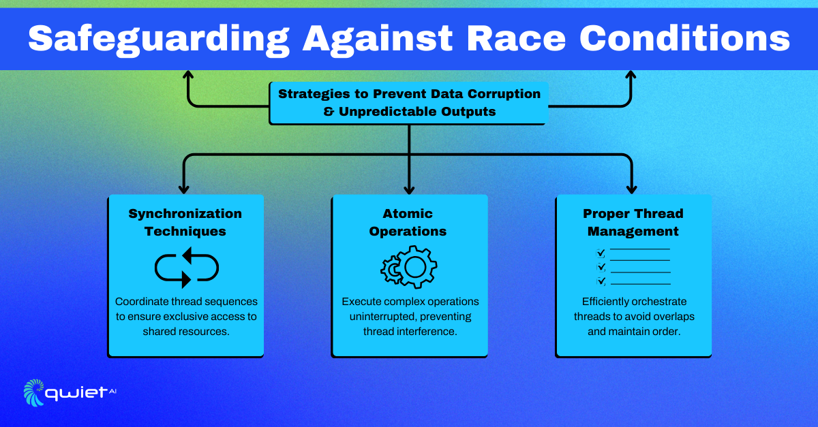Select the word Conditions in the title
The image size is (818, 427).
[x=684, y=39]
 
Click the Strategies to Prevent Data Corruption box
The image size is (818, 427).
[x=409, y=103]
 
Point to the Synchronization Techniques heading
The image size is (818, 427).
[x=185, y=222]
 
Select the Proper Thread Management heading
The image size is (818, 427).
[x=633, y=222]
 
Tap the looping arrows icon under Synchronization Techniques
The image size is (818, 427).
[x=186, y=267]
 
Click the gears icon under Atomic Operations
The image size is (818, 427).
[x=408, y=267]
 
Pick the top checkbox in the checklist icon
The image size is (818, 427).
[x=601, y=253]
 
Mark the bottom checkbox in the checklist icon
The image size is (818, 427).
[x=601, y=281]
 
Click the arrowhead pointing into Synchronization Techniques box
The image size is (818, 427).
[x=184, y=187]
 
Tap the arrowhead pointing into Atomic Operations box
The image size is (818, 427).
[x=409, y=187]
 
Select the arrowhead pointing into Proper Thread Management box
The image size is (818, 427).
[x=631, y=187]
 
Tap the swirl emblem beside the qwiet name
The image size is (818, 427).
[x=34, y=392]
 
